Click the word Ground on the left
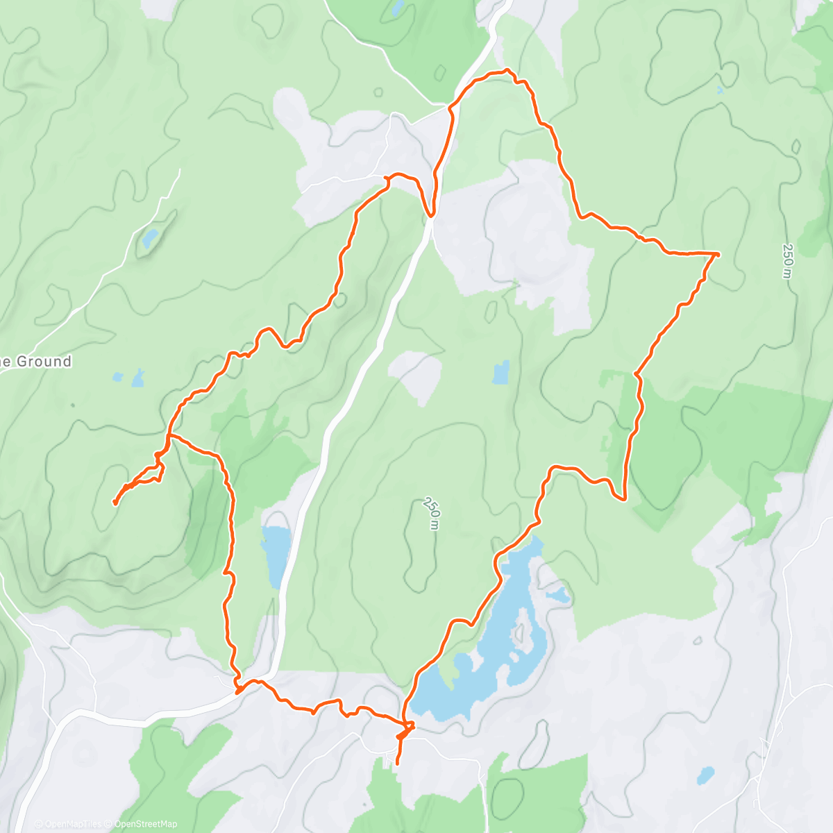44,361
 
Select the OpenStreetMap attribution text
146,824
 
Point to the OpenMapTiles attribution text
72,824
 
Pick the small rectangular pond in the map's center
500,373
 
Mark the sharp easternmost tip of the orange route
718,255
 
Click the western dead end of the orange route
115,503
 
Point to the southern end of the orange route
397,764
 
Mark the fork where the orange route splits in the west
169,436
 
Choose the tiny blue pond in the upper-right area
720,90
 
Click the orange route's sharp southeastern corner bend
624,498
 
